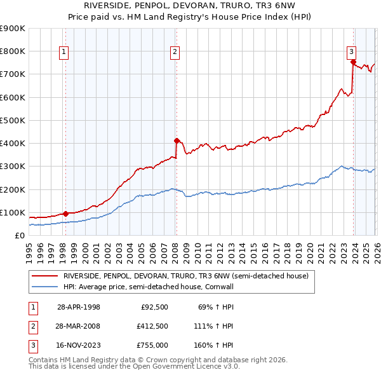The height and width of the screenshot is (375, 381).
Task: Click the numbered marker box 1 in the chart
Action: (x=65, y=53)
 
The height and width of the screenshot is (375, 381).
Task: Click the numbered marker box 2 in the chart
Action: (x=175, y=53)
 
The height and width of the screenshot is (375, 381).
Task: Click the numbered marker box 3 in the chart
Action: (x=351, y=53)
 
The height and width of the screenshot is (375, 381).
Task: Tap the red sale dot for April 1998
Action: (x=65, y=214)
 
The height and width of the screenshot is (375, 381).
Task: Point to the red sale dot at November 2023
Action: (x=352, y=62)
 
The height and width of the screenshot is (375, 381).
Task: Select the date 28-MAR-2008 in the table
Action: (x=79, y=326)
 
